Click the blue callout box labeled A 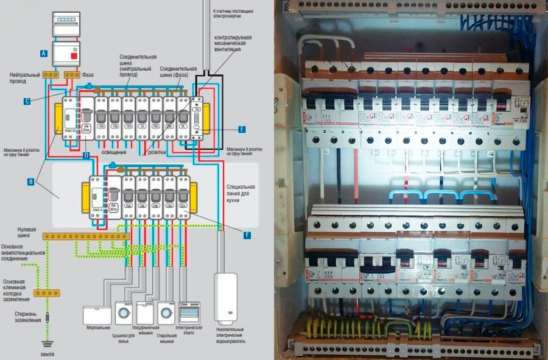click(43, 54)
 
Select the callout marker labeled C click(27, 101)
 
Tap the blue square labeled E click(242, 129)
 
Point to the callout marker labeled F click(247, 235)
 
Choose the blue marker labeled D click(86, 157)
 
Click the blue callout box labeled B click(30, 182)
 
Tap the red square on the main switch click(74, 57)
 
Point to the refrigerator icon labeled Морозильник click(97, 314)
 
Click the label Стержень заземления click(21, 319)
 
